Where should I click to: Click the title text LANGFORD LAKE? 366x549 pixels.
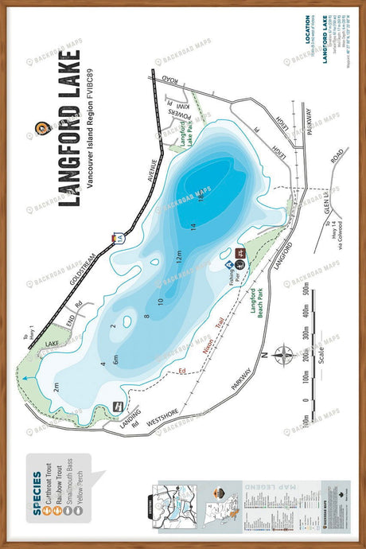pos(69,128)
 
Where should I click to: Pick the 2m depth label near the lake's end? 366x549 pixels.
pos(56,387)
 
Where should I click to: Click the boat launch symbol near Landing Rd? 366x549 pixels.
pos(119,406)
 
